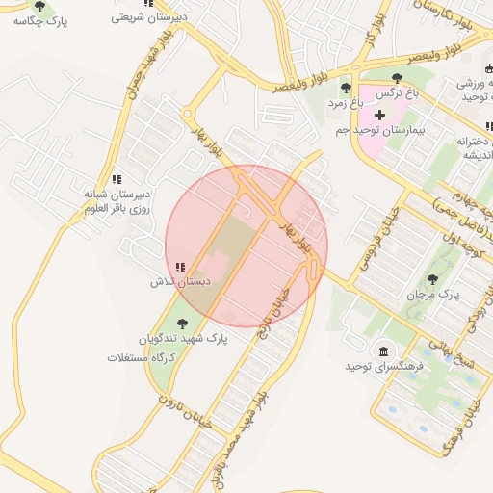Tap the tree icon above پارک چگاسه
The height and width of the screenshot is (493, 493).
tap(39, 6)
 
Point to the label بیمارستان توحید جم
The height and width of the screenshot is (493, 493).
tap(381, 129)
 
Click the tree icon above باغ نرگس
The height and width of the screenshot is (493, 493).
tap(397, 78)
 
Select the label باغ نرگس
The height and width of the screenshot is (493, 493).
tap(397, 92)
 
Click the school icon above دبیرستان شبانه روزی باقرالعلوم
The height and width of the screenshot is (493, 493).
tap(117, 179)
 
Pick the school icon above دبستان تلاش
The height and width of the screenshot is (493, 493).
tap(180, 267)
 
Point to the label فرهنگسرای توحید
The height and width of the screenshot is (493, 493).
tap(384, 367)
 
